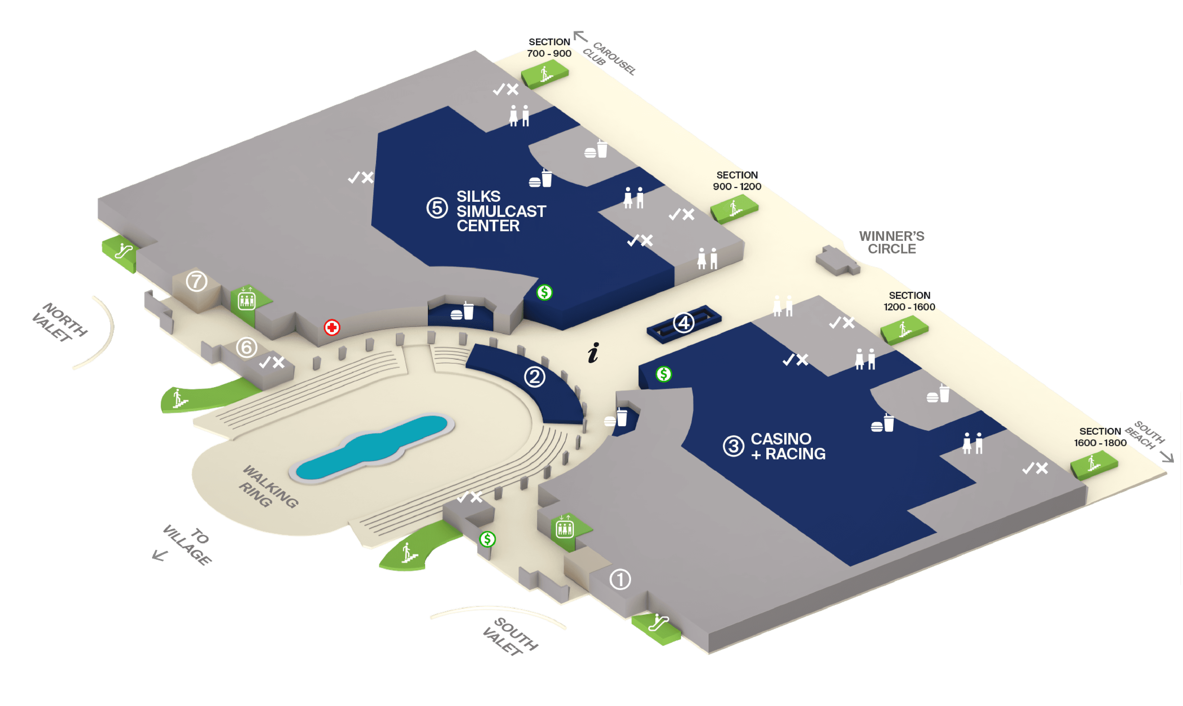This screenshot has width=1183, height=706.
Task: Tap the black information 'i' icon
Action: (593, 353)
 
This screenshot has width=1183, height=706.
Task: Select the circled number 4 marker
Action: (684, 323)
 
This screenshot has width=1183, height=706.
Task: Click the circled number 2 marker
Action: (534, 377)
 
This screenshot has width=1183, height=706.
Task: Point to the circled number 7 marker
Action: (197, 282)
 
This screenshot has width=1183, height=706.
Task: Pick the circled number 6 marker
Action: (246, 347)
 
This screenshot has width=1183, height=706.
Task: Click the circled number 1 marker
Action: (620, 579)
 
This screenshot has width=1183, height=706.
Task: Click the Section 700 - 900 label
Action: (549, 47)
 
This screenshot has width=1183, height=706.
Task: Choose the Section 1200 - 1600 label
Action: (909, 301)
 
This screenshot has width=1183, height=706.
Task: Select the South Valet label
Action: (510, 636)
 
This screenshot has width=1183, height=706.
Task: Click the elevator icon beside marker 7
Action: (246, 300)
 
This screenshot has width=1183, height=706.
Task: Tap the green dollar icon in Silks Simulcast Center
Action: (544, 292)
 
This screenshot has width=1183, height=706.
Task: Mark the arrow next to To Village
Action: (160, 555)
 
